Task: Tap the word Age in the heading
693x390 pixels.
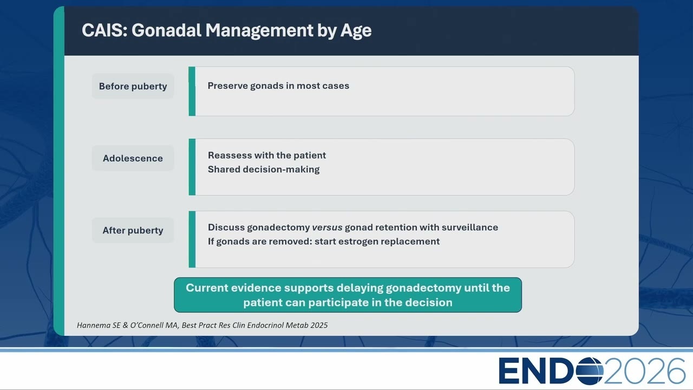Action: click(x=356, y=31)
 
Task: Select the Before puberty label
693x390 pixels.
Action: click(x=133, y=86)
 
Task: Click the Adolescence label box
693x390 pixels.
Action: click(x=133, y=158)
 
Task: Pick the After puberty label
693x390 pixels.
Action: click(x=133, y=230)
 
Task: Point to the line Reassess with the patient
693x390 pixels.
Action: click(x=267, y=155)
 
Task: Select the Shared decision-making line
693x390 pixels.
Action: click(x=264, y=170)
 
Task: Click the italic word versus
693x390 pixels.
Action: click(x=327, y=227)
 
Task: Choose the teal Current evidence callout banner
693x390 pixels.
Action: click(x=348, y=295)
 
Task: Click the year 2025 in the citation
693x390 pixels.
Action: click(x=319, y=325)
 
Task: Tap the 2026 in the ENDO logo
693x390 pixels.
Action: click(x=644, y=371)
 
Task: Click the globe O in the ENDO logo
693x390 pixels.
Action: click(x=590, y=371)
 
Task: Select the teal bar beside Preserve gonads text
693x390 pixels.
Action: click(x=192, y=92)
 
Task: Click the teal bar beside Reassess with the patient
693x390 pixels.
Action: click(x=192, y=167)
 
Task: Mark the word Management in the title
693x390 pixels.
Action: click(x=259, y=31)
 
